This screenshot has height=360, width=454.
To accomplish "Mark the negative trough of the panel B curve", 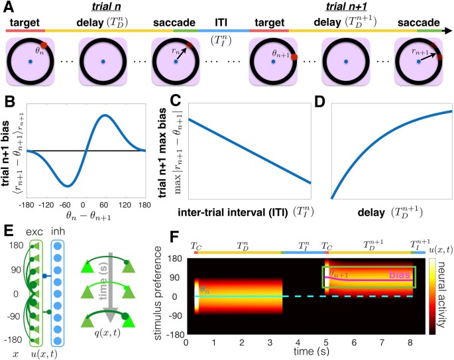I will pos(66,186).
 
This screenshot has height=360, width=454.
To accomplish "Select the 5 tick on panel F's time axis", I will pos(325,341).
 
